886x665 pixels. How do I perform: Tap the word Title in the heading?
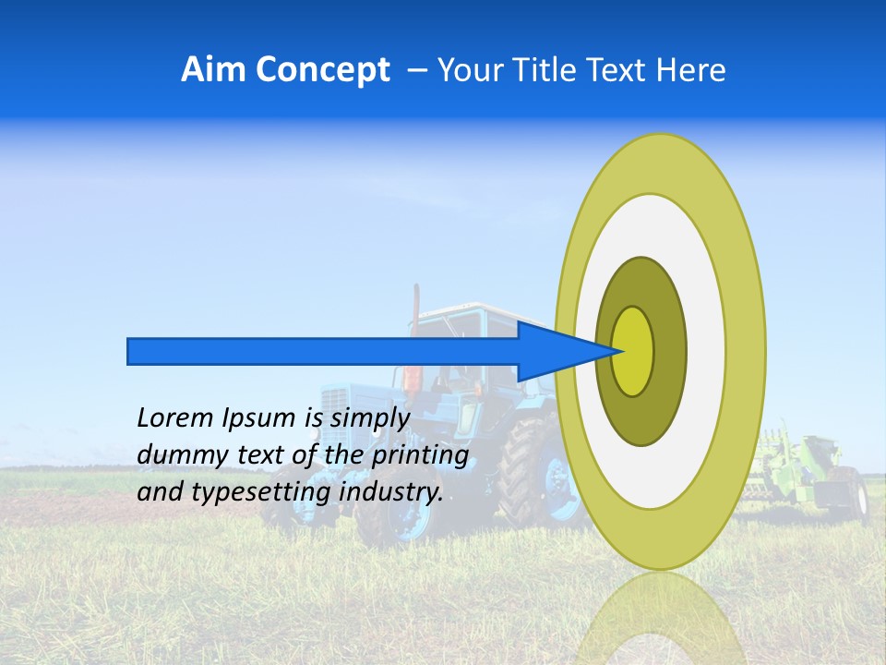pos(543,70)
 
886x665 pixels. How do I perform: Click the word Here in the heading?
pos(691,70)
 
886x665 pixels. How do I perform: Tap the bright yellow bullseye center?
pos(633,351)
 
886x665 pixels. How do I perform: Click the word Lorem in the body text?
pos(175,418)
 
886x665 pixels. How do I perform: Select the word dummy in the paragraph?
pos(177,455)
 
